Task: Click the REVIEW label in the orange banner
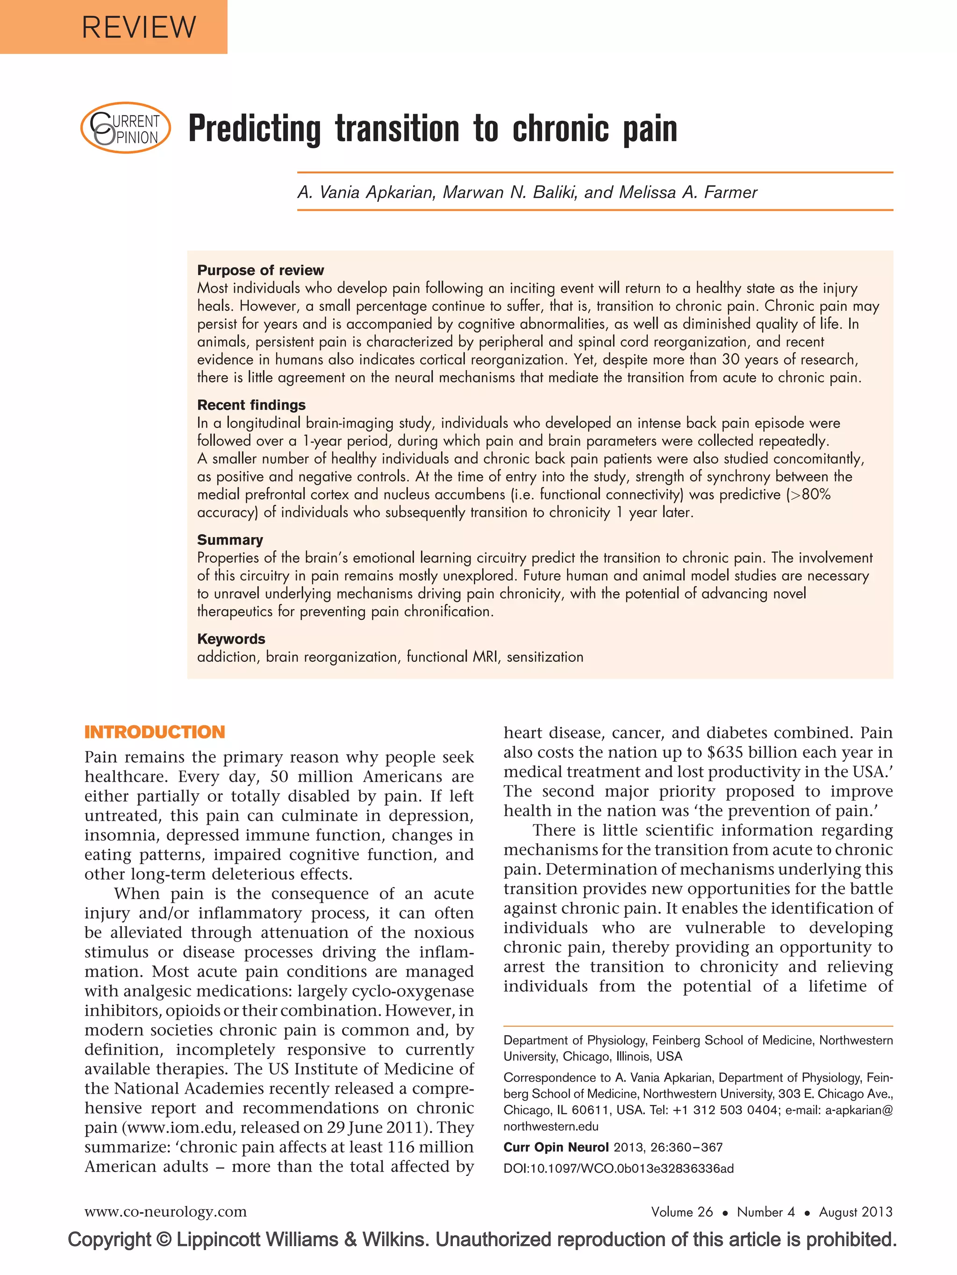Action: (139, 27)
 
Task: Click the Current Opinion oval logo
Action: (126, 128)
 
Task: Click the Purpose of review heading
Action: (260, 270)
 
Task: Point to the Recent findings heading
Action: (251, 405)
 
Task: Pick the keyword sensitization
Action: (544, 657)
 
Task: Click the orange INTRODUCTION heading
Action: (154, 732)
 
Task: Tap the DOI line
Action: (618, 1168)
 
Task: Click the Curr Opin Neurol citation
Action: (613, 1147)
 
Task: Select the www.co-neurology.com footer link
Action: (165, 1211)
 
